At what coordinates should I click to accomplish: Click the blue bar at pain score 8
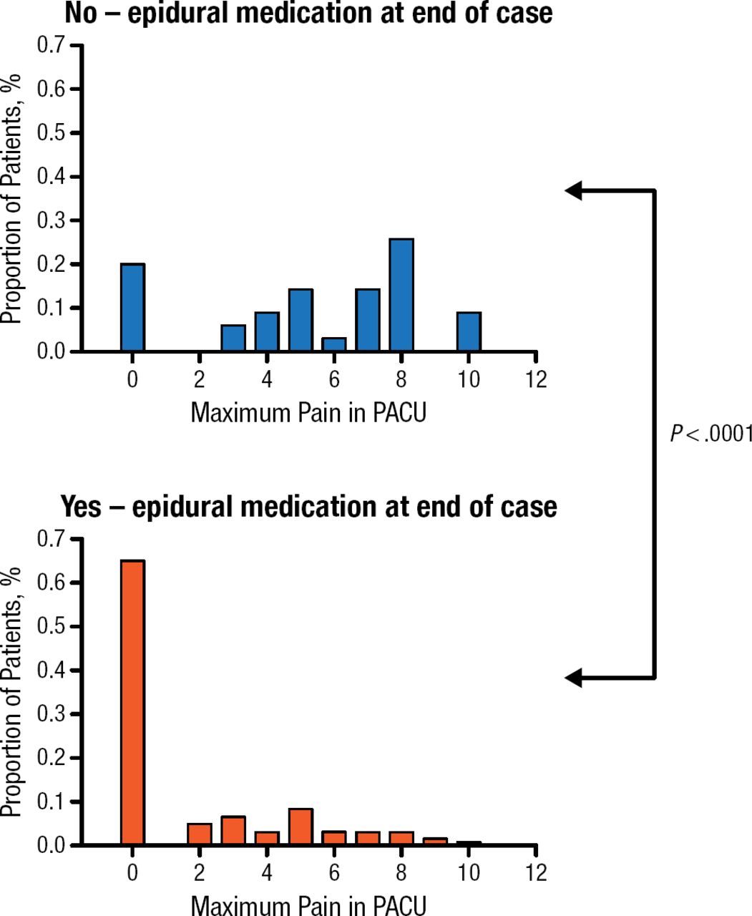pos(401,295)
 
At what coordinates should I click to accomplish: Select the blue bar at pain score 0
pos(132,308)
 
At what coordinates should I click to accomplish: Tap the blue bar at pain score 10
pos(469,331)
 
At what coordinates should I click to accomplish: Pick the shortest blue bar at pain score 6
pos(334,344)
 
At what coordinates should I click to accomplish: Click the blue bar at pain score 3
pos(233,338)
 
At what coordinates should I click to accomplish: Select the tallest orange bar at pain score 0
pos(132,701)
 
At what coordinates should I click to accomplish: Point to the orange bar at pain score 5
pos(301,827)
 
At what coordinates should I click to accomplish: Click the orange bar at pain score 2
pos(200,834)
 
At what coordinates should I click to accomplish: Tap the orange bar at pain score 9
pos(435,842)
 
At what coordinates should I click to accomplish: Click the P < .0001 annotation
pos(711,434)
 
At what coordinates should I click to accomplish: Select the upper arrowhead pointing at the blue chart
pos(574,191)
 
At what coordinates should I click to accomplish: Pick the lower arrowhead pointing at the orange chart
pos(574,677)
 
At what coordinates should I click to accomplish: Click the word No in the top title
pos(81,13)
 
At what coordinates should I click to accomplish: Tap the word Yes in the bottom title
pos(81,507)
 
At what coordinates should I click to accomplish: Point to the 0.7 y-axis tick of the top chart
pos(51,46)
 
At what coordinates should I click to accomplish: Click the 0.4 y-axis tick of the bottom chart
pos(51,671)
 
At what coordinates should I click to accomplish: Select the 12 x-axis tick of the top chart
pos(535,379)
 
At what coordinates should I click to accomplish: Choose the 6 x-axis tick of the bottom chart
pos(334,872)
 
